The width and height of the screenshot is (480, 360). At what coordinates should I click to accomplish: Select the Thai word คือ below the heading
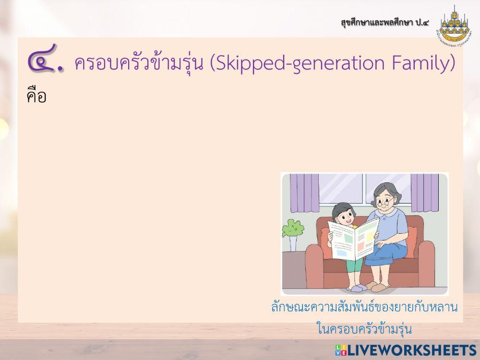pos(36,96)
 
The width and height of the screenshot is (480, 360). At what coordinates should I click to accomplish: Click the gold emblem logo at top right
pos(454,26)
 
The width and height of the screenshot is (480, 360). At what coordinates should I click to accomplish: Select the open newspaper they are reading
pos(353,239)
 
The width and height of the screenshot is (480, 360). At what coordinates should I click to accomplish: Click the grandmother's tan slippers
pos(382,288)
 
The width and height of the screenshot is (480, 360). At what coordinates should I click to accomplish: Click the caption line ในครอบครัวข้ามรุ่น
pos(364,330)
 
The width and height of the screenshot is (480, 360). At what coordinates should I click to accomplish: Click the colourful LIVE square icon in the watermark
pos(341,350)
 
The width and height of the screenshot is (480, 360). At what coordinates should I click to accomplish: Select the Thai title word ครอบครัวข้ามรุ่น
pos(139,64)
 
